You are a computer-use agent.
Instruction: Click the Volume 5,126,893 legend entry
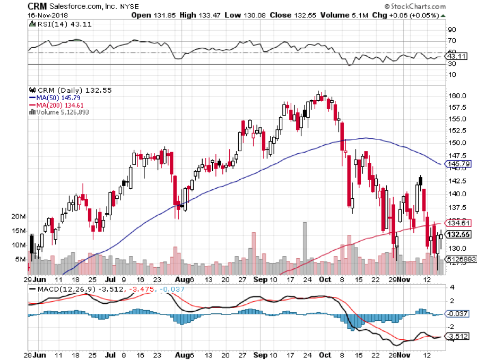pos(61,112)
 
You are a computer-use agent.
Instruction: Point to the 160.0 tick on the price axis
pos(456,96)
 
